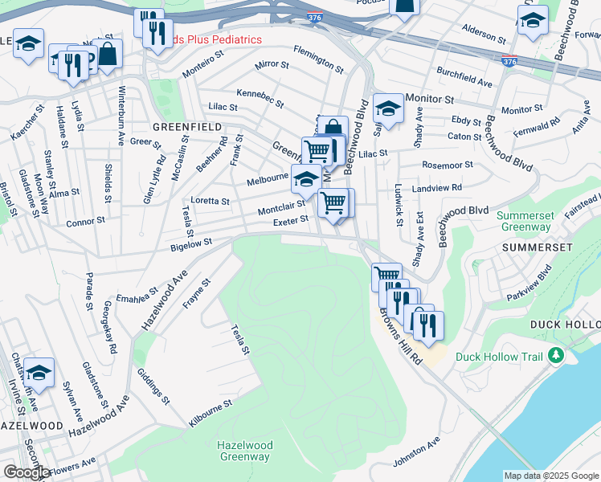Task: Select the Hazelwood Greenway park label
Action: coord(245,451)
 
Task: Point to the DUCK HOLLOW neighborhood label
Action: coord(565,324)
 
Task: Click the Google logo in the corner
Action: coord(26,472)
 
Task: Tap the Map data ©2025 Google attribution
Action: coord(550,476)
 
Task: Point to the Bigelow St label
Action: coord(190,242)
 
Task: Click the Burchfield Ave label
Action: coord(464,77)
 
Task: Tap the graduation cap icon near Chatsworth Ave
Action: coord(39,372)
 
